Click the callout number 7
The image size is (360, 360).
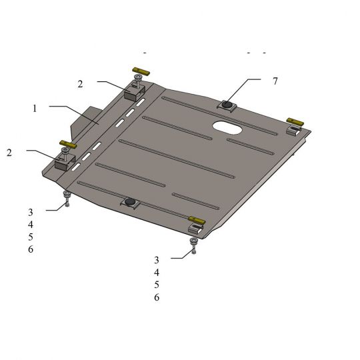tap(275, 81)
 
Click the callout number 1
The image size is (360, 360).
tap(35, 109)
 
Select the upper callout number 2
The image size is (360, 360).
tap(80, 84)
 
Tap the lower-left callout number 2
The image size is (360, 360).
tap(9, 153)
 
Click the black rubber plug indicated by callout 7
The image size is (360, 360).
tap(227, 105)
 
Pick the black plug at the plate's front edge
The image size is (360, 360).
tap(130, 201)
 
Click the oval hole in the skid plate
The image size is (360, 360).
tap(227, 127)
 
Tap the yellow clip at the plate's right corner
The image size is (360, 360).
tap(295, 122)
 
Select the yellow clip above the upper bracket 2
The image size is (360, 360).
tap(141, 71)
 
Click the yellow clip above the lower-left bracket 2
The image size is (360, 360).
tap(68, 144)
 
